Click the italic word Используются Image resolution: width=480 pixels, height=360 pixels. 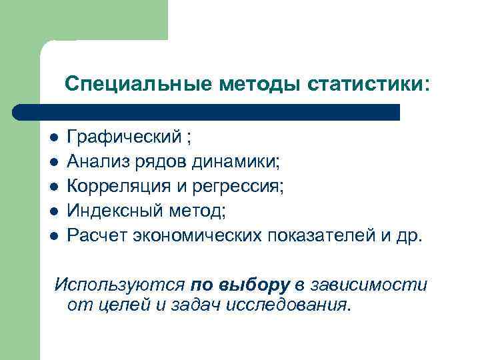coord(119,285)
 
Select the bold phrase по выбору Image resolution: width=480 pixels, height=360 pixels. coord(240,285)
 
